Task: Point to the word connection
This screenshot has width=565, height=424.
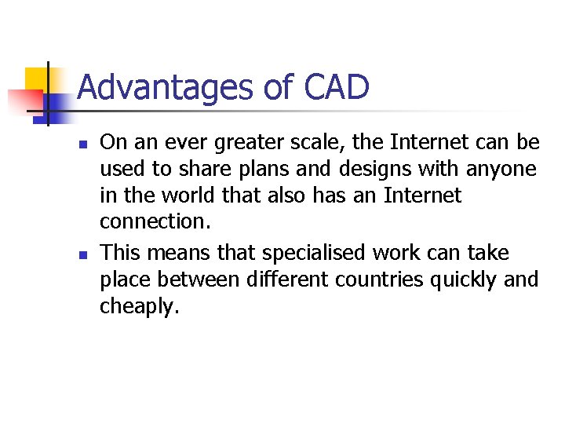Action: click(155, 221)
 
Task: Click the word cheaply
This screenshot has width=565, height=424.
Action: click(139, 306)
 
